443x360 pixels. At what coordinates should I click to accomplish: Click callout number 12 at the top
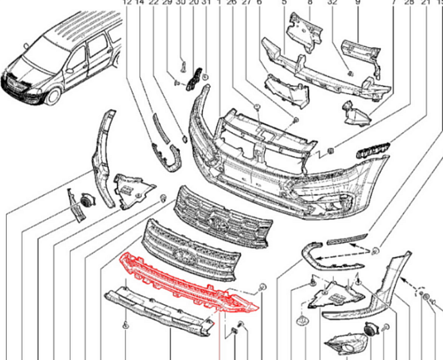pos(127,3)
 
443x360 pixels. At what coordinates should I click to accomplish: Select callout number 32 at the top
pos(333,3)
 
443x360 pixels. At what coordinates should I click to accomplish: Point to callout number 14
pos(140,3)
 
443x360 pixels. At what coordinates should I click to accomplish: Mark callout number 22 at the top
pos(153,3)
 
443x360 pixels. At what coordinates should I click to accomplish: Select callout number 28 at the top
pos(409,3)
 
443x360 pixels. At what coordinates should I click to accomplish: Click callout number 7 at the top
pos(393,3)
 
